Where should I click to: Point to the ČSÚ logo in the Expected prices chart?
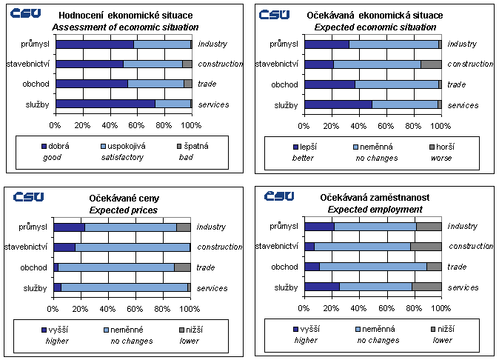pyautogui.click(x=28, y=196)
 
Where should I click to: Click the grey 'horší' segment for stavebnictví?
pyautogui.click(x=431, y=64)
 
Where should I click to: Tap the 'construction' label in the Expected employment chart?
pyautogui.click(x=471, y=246)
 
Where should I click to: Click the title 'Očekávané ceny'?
pyautogui.click(x=124, y=199)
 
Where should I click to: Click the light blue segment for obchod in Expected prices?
pyautogui.click(x=115, y=267)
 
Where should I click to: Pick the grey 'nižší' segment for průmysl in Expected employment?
pyautogui.click(x=429, y=226)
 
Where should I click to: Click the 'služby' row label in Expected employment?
pyautogui.click(x=285, y=287)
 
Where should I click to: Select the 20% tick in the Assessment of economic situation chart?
pyautogui.click(x=82, y=124)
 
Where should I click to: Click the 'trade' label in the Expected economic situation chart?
pyautogui.click(x=457, y=84)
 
